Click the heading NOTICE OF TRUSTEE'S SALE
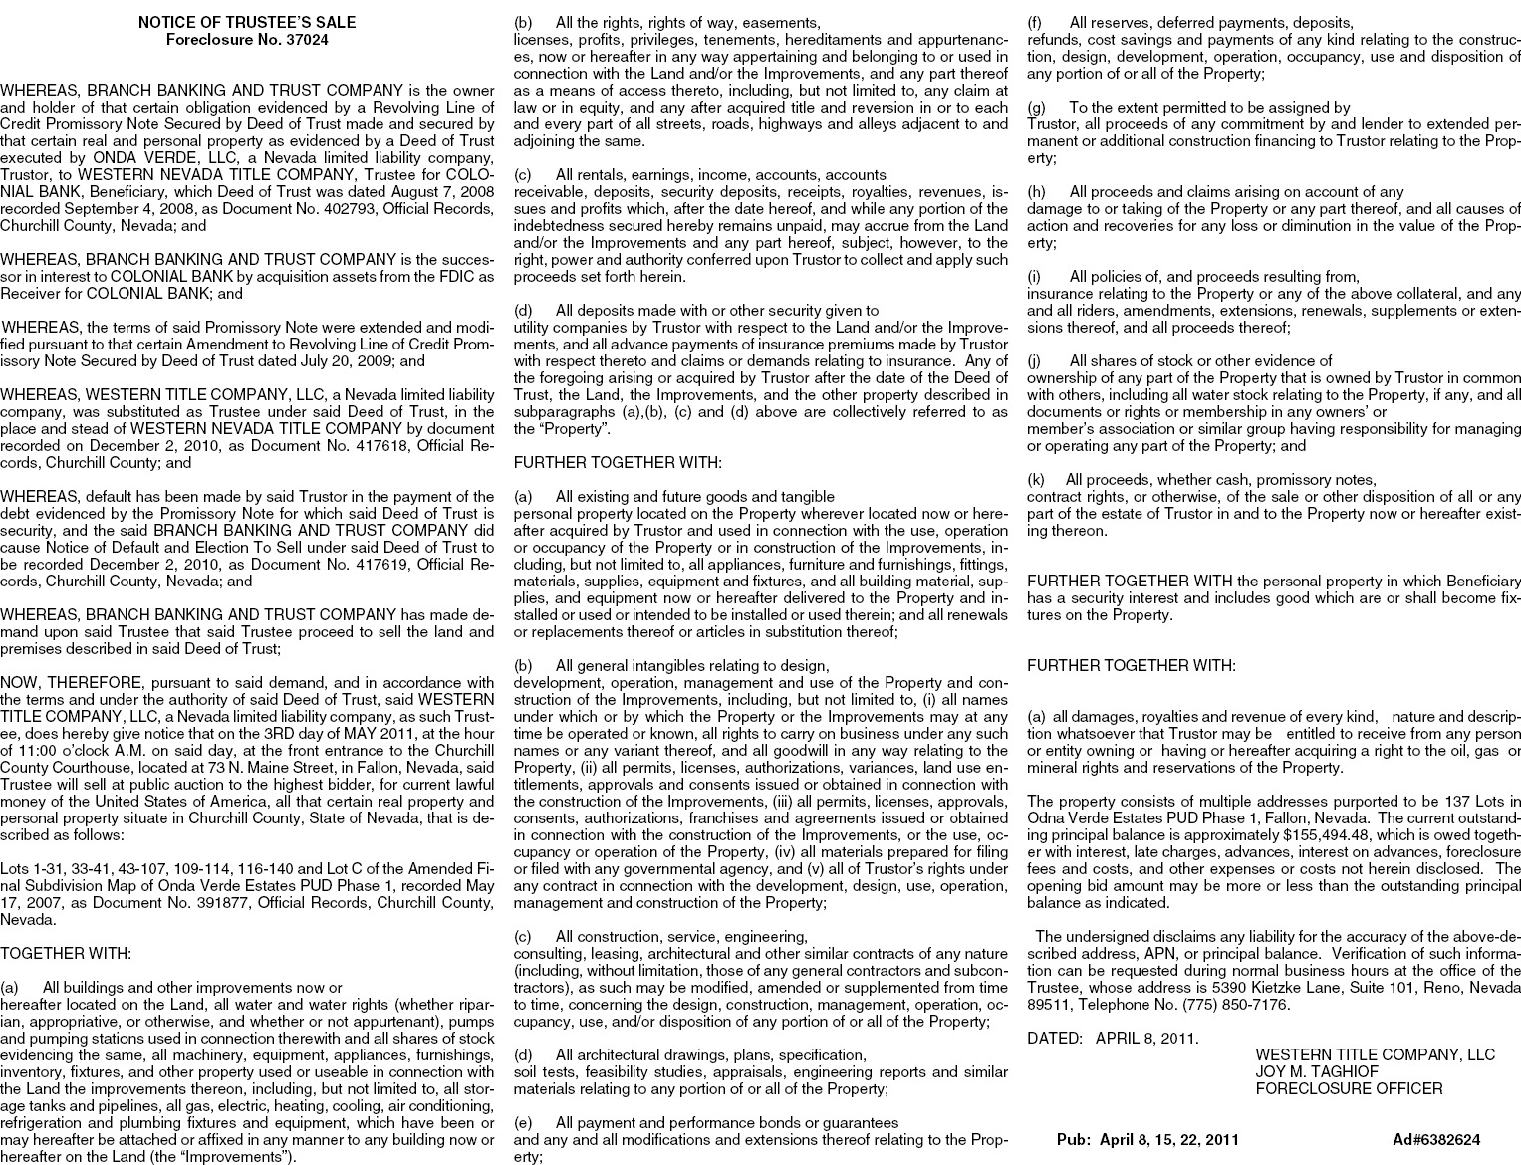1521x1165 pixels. [x=246, y=22]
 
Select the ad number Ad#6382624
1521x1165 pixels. [x=1436, y=1139]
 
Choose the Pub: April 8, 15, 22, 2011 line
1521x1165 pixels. [x=1147, y=1139]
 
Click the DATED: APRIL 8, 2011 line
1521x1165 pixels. [x=1113, y=1038]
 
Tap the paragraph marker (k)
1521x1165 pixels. [x=1037, y=480]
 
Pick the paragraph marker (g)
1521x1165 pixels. [x=1037, y=108]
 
